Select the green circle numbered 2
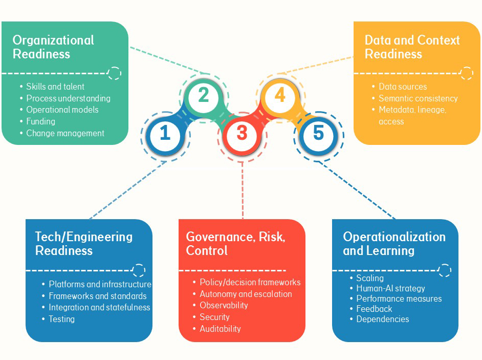[x=204, y=95]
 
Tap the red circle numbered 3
[x=242, y=134]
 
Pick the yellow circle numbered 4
[x=280, y=95]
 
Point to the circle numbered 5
[x=318, y=134]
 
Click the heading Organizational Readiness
[x=53, y=47]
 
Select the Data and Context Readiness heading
[x=412, y=47]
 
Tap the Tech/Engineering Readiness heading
[x=83, y=244]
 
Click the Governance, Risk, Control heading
[x=235, y=244]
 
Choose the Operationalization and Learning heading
[x=394, y=244]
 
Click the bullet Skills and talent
[x=55, y=87]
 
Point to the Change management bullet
[x=65, y=133]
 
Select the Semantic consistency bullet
[x=418, y=98]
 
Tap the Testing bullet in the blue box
[x=61, y=319]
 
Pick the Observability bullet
[x=224, y=305]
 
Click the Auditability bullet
[x=220, y=329]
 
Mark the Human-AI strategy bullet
[x=390, y=288]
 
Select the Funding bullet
[x=40, y=121]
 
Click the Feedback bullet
[x=374, y=309]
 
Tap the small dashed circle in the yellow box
[x=467, y=73]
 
